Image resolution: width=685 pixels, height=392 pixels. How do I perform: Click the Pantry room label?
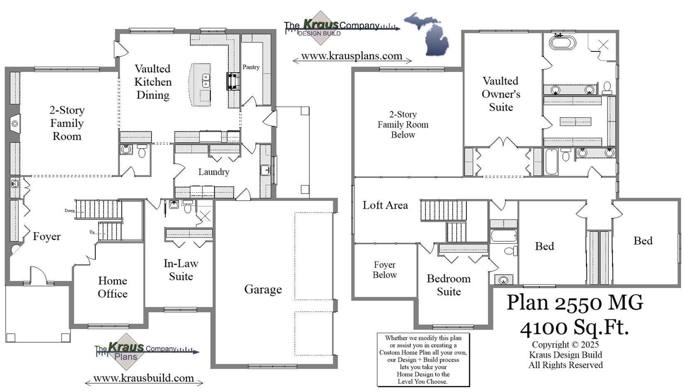[x=251, y=67]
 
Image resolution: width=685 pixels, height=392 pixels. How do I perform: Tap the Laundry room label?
[x=213, y=172]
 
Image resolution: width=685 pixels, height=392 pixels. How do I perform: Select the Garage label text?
[x=263, y=289]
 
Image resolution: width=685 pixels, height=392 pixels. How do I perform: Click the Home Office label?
[x=113, y=287]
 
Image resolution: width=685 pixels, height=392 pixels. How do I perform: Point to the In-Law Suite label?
[x=181, y=270]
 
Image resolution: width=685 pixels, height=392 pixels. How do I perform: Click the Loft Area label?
[x=385, y=205]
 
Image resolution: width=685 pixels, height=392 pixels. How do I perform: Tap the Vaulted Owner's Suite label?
[x=501, y=94]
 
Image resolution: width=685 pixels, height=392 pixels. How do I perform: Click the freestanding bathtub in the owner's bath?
[x=562, y=43]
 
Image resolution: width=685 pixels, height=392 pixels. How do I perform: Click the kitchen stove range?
[x=233, y=81]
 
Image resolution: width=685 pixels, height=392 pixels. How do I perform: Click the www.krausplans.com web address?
[x=352, y=56]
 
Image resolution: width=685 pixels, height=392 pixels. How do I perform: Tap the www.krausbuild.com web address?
[x=143, y=378]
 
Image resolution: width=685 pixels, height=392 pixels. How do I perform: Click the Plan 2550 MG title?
[x=574, y=302]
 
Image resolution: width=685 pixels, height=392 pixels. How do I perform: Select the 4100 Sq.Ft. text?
[x=574, y=327]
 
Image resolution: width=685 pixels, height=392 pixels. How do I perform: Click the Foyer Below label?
[x=384, y=270]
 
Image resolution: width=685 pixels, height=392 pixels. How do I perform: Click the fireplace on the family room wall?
[x=14, y=123]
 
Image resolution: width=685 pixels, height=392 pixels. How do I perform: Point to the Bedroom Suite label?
[x=449, y=285]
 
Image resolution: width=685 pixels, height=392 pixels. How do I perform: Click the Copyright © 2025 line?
[x=565, y=345]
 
